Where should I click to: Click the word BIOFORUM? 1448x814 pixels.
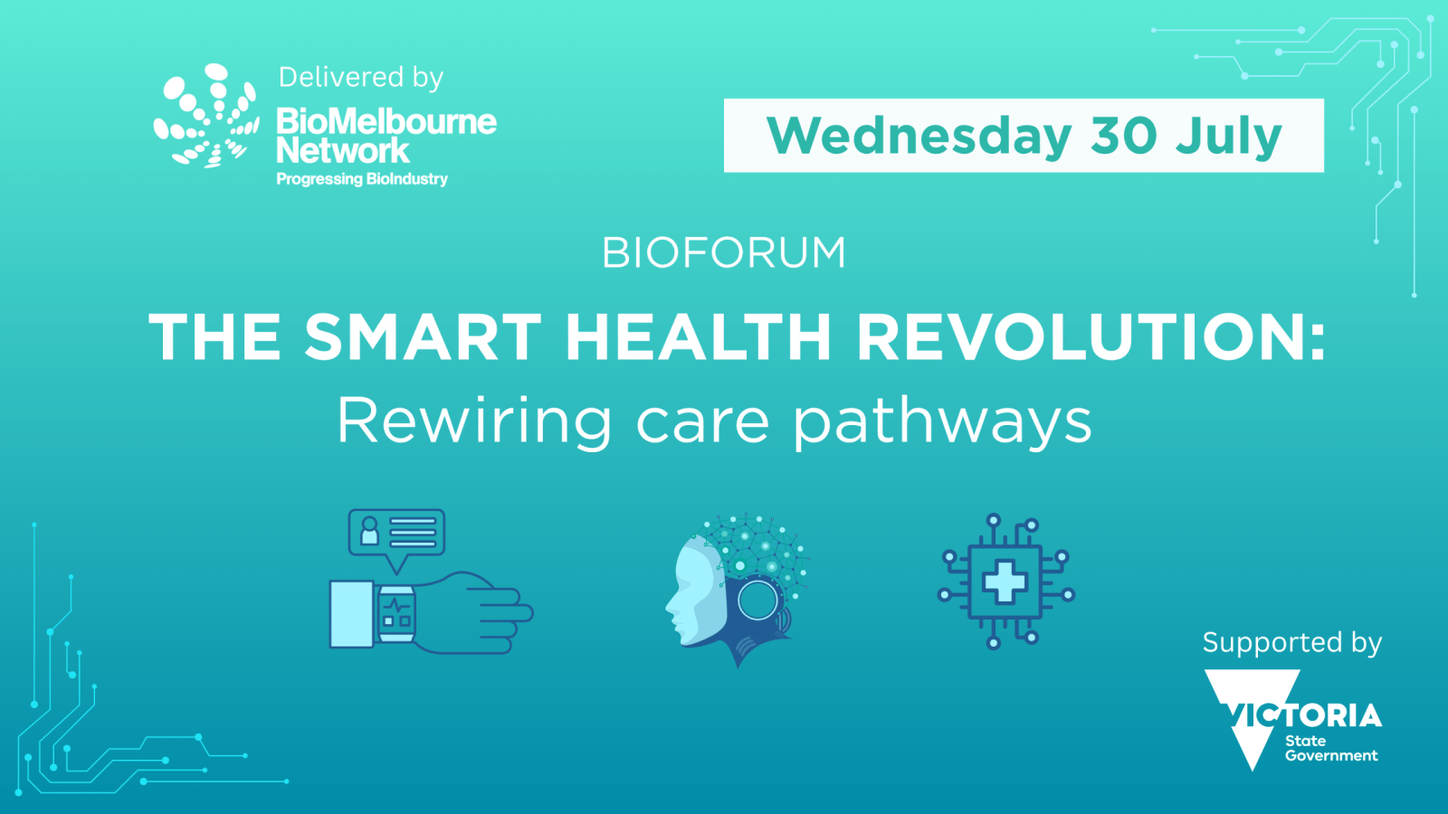(723, 252)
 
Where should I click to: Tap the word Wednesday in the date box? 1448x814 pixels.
(918, 137)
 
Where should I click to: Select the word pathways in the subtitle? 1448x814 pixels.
(942, 423)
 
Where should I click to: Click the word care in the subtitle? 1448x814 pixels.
(702, 423)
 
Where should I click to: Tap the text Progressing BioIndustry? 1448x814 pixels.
(362, 180)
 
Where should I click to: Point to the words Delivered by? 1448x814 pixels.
(361, 78)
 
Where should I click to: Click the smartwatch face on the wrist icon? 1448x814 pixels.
(396, 613)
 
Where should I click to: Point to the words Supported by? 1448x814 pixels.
(1292, 643)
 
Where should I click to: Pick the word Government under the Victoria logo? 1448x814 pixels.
(1331, 756)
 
